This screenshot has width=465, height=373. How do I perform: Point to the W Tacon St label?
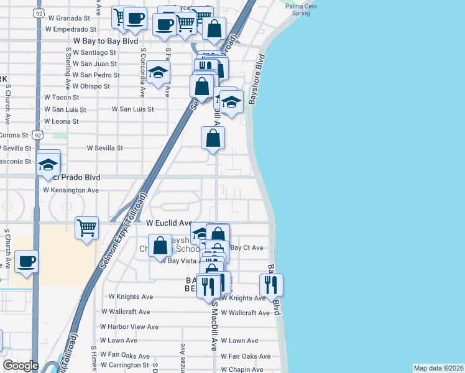(62, 98)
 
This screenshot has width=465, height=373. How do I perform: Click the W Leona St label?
(61, 121)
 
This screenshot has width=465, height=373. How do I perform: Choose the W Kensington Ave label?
(70, 190)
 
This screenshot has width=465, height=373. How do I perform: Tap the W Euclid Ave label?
(168, 223)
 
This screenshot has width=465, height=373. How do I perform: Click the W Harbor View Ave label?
(129, 326)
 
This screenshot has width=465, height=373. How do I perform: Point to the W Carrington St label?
(124, 365)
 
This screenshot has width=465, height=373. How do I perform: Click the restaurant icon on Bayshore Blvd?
(271, 284)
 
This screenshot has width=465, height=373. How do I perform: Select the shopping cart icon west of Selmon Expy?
(86, 228)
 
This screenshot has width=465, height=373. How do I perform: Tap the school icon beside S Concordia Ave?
(159, 72)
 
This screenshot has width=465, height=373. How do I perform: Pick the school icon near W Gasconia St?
(48, 165)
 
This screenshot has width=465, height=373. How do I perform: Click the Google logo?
(21, 366)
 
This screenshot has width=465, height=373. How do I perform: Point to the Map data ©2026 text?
(438, 368)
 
